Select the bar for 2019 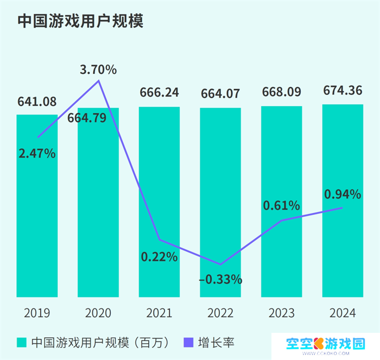click(x=37, y=217)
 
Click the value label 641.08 click(x=37, y=102)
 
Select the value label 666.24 click(x=159, y=93)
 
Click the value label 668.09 click(x=281, y=92)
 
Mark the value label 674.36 click(x=343, y=90)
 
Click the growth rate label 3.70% click(x=98, y=70)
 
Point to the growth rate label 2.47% click(x=37, y=154)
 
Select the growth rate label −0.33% click(x=220, y=280)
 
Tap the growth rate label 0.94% click(x=343, y=194)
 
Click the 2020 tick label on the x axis click(x=98, y=313)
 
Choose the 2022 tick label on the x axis click(x=220, y=313)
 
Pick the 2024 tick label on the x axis click(x=343, y=313)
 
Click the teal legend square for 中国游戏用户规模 click(x=22, y=342)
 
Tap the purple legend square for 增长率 click(x=189, y=342)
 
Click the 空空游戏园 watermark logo click(x=326, y=343)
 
